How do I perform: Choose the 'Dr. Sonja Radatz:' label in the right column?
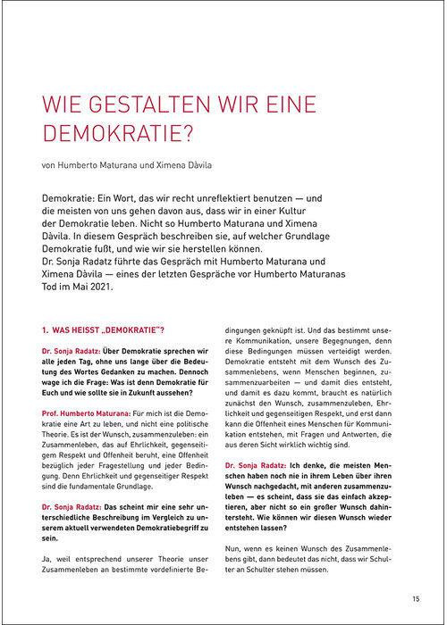point(256,466)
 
